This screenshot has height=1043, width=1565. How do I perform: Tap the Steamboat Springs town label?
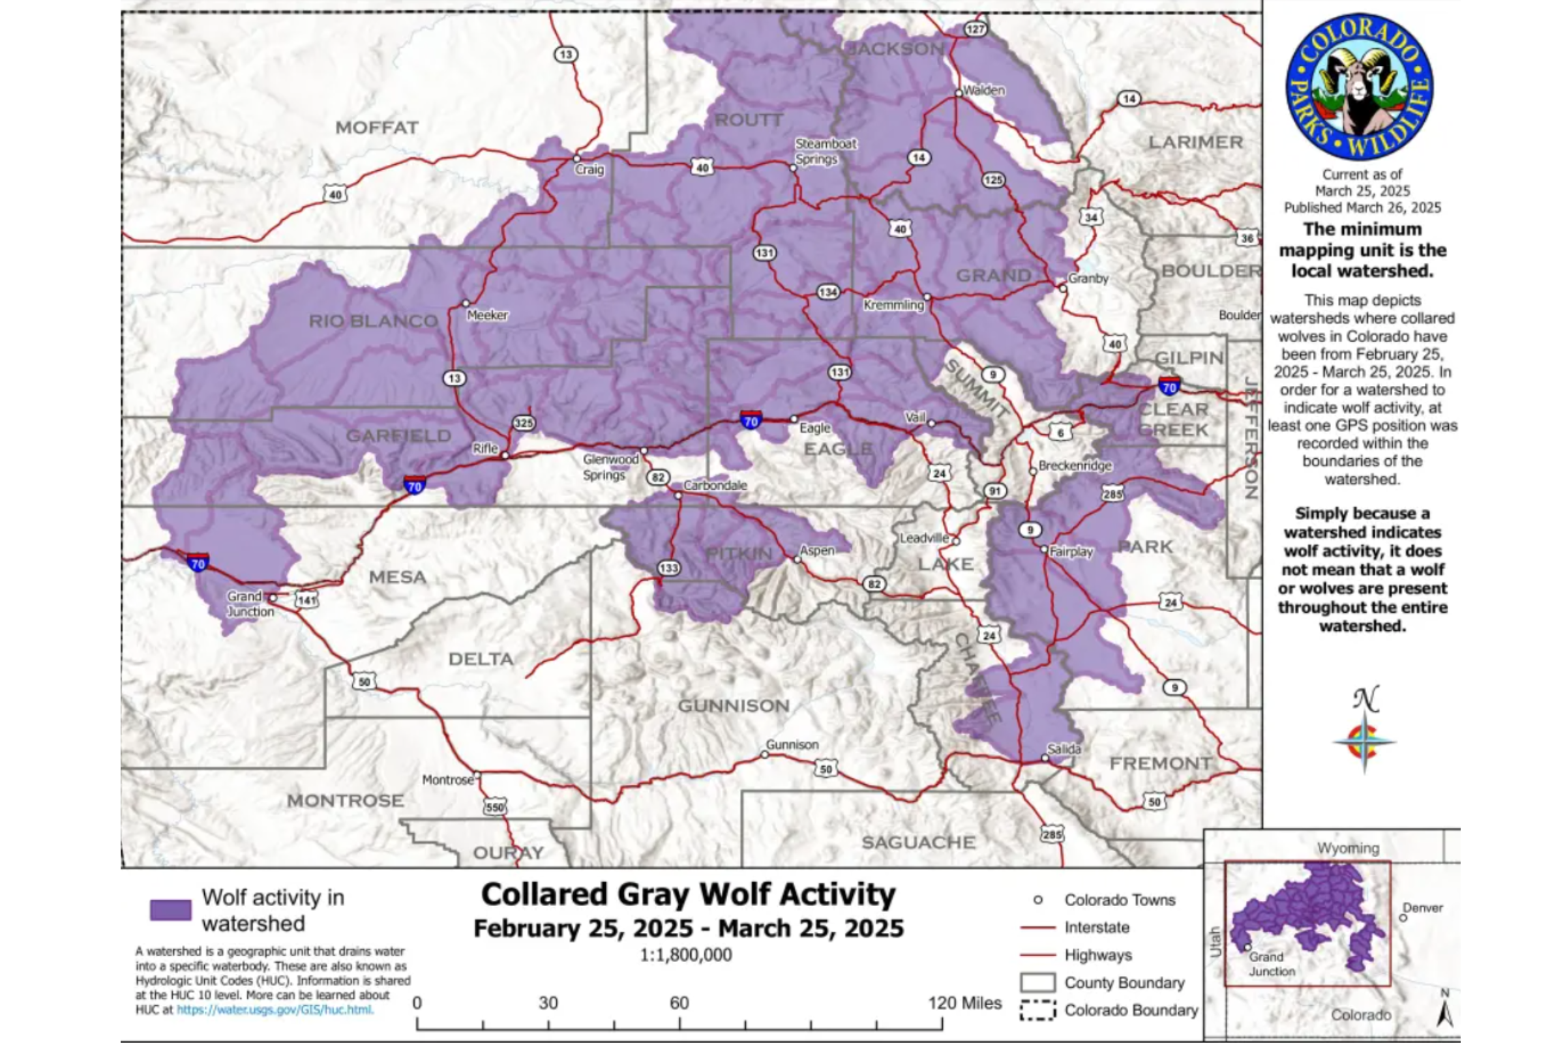(826, 152)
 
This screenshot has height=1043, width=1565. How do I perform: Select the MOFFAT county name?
(377, 127)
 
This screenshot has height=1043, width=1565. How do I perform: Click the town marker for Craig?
(577, 159)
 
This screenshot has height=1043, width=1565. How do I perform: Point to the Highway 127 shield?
(976, 29)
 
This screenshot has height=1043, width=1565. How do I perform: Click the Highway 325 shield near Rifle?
(524, 423)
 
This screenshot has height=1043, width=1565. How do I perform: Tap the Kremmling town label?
(893, 305)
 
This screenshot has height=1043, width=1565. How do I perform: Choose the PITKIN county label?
(739, 553)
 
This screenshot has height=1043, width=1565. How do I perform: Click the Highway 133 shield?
(669, 567)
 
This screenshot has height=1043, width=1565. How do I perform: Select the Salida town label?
(1064, 749)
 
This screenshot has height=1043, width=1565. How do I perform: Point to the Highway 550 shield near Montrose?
(495, 807)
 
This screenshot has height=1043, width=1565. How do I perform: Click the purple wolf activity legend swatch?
(170, 910)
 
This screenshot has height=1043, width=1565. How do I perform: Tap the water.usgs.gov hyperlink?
(275, 1010)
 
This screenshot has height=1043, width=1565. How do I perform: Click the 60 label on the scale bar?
(679, 1003)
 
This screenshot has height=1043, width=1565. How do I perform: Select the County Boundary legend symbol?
(1037, 982)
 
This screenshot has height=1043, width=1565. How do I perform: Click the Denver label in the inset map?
(1423, 908)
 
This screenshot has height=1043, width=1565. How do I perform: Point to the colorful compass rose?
(1364, 742)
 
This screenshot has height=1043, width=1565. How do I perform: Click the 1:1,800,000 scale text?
(685, 955)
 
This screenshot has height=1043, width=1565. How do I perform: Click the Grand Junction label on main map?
(250, 604)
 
